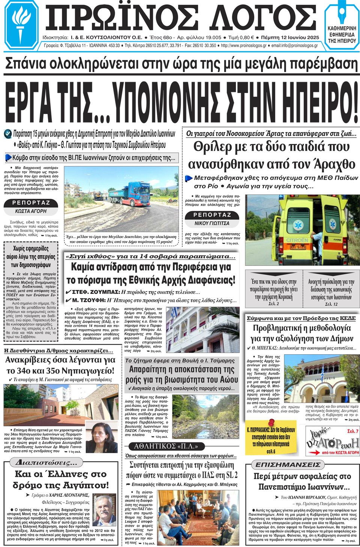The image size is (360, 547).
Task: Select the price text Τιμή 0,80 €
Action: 241,37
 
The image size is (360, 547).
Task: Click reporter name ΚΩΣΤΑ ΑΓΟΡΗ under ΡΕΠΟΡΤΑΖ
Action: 31,211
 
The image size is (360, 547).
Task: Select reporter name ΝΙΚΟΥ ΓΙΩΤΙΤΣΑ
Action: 212,223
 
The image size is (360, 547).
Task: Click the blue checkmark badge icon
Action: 7,134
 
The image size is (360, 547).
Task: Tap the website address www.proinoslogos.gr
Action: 244,46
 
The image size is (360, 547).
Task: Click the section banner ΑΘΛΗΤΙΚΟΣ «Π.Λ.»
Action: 166,446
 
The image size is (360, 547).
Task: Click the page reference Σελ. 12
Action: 331,304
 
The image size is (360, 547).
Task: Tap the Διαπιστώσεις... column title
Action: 47,462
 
